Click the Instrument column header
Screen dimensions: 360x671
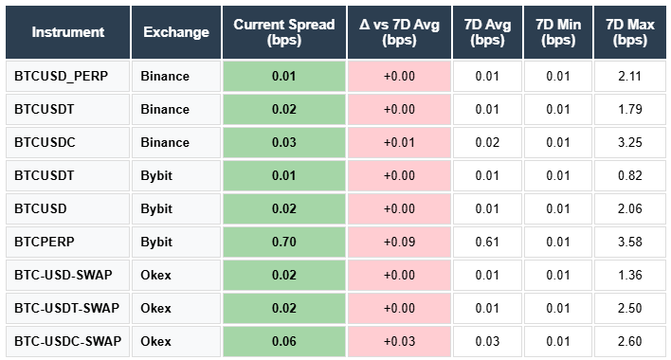click(67, 32)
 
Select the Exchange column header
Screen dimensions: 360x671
click(176, 32)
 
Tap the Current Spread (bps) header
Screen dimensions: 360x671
click(283, 32)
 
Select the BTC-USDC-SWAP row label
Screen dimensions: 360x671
click(67, 341)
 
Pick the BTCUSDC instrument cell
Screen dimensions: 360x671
click(45, 142)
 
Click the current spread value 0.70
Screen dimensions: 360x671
click(283, 242)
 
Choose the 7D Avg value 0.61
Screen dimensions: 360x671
click(487, 242)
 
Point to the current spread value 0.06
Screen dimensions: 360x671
click(283, 341)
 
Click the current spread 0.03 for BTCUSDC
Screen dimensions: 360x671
click(283, 142)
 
